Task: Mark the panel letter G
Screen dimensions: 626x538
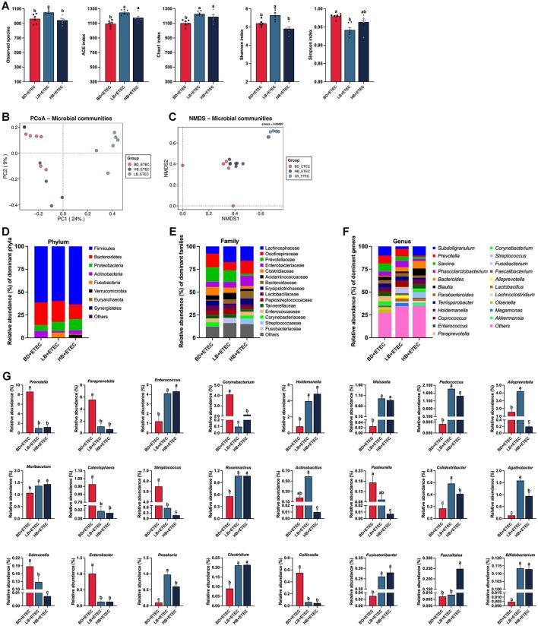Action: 6,375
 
